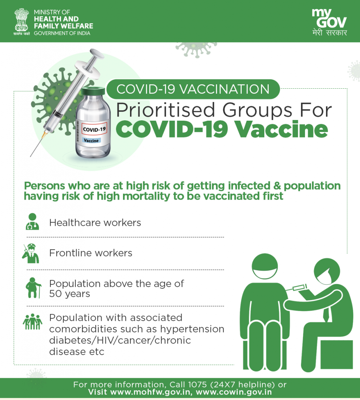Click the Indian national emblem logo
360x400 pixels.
click(21, 21)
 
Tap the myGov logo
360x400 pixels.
click(329, 22)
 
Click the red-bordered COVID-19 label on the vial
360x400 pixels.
click(94, 129)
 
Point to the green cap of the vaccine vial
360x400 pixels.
click(93, 91)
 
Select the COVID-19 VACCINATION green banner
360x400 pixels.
click(193, 89)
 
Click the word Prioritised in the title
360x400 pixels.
click(166, 110)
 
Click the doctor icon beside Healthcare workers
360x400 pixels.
click(32, 221)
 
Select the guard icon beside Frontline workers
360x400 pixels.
click(31, 253)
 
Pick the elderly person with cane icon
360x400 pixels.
click(33, 288)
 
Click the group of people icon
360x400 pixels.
click(32, 322)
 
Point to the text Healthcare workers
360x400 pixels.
click(95, 223)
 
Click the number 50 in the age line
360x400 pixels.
click(55, 294)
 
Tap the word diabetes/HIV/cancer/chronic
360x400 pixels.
click(120, 340)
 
